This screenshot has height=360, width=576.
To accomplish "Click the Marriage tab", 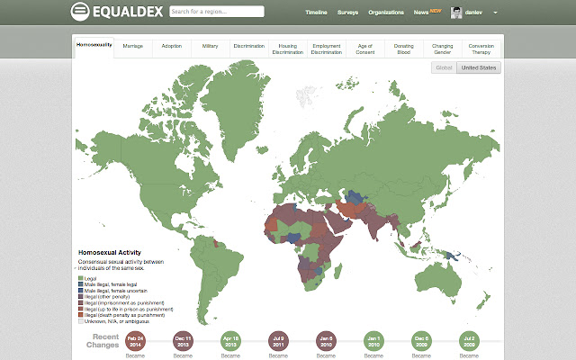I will coord(132,44).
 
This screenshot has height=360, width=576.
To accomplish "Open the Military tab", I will coord(210,44).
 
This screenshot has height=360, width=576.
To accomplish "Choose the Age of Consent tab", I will coord(364,48).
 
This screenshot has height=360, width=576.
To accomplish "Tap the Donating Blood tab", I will coord(403,48).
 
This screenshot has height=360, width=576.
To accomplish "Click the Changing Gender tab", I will coord(442,48).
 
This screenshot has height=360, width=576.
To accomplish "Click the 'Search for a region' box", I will coord(216,12).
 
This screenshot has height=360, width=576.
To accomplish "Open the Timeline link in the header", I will coord(317,13).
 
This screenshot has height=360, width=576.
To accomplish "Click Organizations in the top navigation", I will coord(386,13).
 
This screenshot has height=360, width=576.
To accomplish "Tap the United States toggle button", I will coord(478,67).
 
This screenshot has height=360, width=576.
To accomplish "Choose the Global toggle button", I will coord(443,67).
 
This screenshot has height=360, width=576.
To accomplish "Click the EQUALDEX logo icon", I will coord(80,12).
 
